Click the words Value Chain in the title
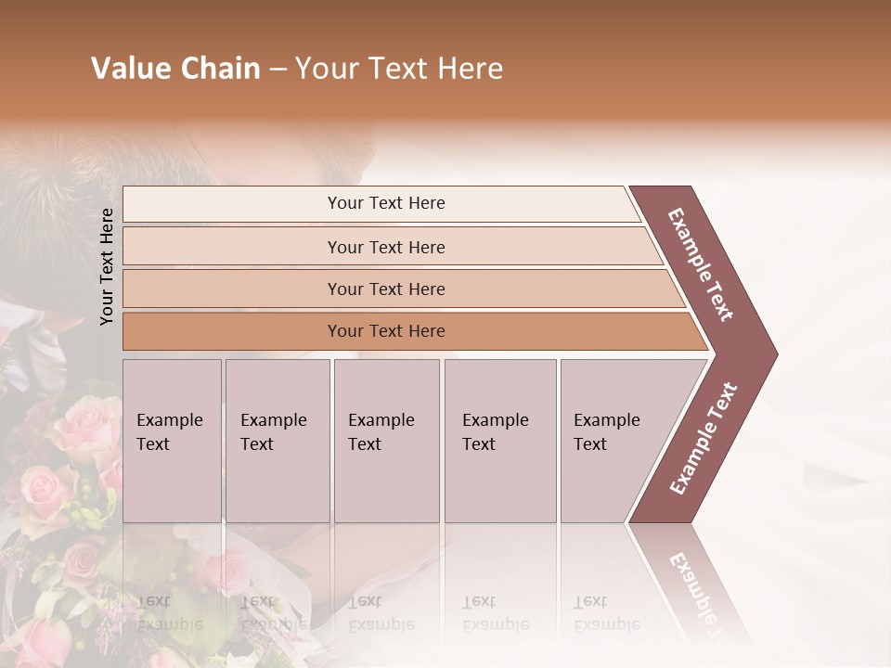(x=175, y=69)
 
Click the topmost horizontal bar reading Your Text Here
(x=386, y=203)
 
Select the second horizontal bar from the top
(x=386, y=247)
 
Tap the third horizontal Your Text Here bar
(x=386, y=289)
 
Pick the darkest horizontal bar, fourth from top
(x=386, y=331)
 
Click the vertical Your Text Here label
(x=107, y=266)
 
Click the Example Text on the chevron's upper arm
(x=701, y=264)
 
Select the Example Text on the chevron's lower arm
(x=704, y=438)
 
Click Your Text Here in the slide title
(x=399, y=69)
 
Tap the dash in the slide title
(x=278, y=70)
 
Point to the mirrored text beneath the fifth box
(x=606, y=613)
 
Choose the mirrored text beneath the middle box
(x=381, y=613)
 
